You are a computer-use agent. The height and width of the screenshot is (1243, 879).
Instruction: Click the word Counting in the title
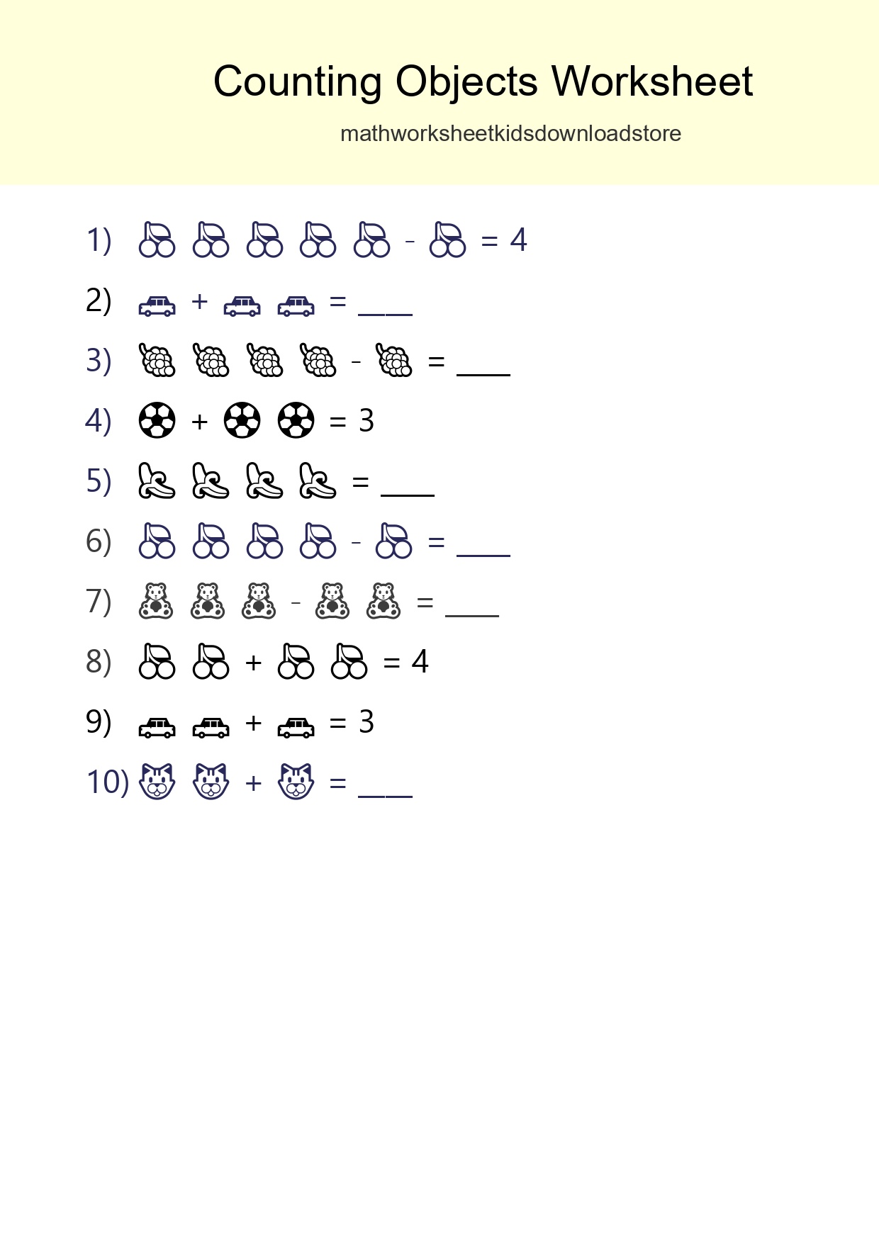point(297,82)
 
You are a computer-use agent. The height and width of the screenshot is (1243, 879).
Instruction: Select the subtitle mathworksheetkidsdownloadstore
point(510,133)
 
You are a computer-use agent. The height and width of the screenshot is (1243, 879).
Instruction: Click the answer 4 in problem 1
point(518,240)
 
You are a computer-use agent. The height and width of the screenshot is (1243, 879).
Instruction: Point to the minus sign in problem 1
point(410,242)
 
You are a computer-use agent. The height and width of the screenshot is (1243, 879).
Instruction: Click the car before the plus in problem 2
point(157,305)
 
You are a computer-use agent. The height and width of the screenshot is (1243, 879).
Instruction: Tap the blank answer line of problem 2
point(385,312)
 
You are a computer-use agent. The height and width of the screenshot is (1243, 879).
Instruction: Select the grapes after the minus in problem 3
point(395,361)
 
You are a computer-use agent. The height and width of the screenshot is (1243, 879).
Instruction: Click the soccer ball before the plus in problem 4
point(157,420)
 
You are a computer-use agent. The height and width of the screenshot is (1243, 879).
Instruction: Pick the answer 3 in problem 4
point(366,421)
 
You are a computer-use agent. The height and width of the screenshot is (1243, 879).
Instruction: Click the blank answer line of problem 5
point(408,493)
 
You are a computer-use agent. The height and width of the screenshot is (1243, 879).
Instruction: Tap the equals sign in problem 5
point(360,483)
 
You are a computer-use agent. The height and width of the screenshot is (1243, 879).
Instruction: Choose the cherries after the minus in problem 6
point(394,541)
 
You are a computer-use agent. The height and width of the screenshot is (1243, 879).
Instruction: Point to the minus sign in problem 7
point(296,603)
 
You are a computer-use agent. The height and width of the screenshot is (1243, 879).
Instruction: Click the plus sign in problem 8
point(253,663)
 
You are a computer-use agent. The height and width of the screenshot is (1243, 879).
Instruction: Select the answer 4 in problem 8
point(420,662)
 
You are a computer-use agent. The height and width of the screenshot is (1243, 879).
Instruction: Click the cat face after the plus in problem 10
point(296,782)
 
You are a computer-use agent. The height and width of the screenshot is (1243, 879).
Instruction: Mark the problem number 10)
point(107,782)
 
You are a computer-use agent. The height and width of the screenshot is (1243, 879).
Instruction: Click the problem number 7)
point(99,602)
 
